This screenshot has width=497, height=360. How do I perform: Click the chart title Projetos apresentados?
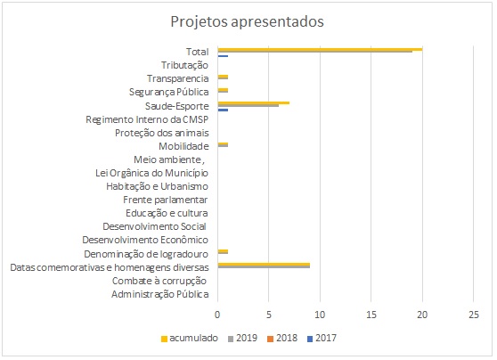tap(248, 22)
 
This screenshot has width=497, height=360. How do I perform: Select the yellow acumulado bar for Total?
tap(320, 49)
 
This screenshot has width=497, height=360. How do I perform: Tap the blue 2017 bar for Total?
tap(223, 56)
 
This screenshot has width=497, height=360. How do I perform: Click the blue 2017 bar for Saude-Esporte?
tap(223, 110)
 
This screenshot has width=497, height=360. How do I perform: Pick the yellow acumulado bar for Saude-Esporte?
tap(254, 102)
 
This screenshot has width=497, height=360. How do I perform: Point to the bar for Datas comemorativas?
tap(264, 266)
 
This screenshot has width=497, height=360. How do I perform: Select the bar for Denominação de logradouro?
tap(223, 252)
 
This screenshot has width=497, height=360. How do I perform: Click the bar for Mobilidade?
tap(223, 144)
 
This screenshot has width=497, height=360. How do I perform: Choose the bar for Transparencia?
tap(223, 77)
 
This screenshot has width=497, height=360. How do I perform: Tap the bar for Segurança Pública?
tap(223, 90)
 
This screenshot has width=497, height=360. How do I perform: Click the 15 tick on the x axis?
tap(371, 315)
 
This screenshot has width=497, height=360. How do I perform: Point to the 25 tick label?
tap(474, 315)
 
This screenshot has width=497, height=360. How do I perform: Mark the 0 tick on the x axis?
tap(217, 315)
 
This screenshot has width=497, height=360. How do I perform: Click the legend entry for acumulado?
tap(190, 338)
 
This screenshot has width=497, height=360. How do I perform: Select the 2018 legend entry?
tap(282, 338)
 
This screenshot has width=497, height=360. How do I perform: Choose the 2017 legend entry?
tap(322, 338)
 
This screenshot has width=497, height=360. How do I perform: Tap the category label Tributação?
tap(184, 65)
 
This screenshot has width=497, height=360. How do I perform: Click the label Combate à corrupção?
tap(159, 282)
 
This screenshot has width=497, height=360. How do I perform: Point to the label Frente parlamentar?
tap(166, 200)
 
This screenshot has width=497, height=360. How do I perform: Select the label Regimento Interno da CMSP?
tap(147, 119)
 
